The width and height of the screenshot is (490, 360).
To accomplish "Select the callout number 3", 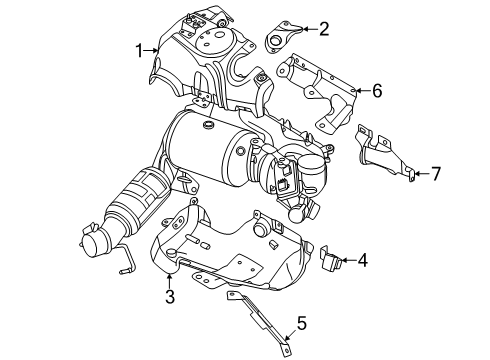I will point(170,297).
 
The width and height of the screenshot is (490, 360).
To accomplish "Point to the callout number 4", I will point(362,262).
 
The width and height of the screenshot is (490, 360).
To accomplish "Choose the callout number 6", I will point(377,91).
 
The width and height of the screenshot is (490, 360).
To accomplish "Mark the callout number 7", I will point(435,174).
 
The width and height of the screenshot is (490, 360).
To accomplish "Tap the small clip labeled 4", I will point(329,262).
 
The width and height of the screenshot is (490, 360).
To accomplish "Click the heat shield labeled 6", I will point(320,95).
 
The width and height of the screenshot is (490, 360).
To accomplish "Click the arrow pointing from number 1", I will point(154,47).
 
